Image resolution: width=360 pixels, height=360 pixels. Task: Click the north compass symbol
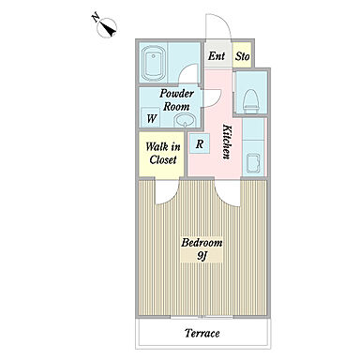[x=107, y=28]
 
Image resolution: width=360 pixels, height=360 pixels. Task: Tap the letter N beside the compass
[x=96, y=17]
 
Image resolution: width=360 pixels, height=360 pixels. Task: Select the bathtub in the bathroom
[x=153, y=63]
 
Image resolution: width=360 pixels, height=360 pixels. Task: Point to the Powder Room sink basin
[x=185, y=120]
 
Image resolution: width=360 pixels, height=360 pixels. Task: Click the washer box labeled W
[x=152, y=118]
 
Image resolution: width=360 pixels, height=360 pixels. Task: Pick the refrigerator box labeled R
[x=200, y=144]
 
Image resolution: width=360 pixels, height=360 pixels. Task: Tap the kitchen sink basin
[x=253, y=162]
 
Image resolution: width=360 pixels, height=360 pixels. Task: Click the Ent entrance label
[x=217, y=56]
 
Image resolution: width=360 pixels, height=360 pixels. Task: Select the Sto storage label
[x=243, y=56]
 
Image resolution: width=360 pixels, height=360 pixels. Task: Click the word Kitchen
[x=227, y=142]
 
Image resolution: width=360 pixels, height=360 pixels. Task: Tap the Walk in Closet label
[x=162, y=153]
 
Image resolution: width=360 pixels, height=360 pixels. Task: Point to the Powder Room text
[x=176, y=100]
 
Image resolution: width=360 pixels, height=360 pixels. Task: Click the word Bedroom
[x=202, y=243]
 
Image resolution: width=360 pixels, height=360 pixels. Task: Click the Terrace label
[x=202, y=333]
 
